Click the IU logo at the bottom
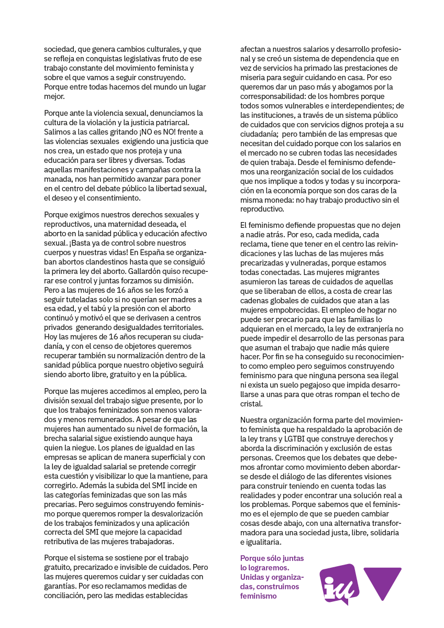339,583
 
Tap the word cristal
251,404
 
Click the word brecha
56,438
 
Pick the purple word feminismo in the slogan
258,596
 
